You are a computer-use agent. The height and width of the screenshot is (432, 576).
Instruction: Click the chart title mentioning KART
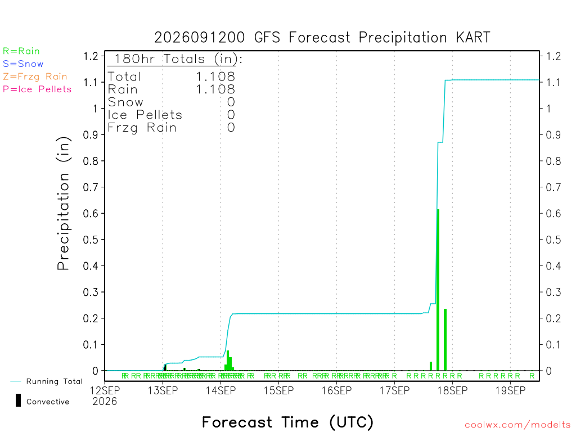(322, 38)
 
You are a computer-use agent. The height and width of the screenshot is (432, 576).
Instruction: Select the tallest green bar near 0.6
(438, 290)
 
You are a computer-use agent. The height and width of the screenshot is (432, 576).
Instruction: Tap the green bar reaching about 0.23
(445, 340)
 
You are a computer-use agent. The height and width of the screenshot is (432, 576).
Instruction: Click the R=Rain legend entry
(21, 51)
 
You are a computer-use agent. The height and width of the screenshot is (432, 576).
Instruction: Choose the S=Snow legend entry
(23, 64)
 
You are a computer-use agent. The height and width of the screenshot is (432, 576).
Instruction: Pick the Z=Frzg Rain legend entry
(35, 76)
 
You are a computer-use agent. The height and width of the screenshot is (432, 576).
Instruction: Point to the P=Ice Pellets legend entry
(37, 89)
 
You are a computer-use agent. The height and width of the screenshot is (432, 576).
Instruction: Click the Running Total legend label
(55, 381)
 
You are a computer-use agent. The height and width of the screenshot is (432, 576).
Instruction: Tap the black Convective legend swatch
(18, 400)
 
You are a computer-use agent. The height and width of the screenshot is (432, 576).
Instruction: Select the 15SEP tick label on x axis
(278, 390)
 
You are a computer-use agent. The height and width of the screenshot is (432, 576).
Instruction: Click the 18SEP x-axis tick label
(453, 390)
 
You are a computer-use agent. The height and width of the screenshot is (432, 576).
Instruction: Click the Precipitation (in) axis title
(63, 204)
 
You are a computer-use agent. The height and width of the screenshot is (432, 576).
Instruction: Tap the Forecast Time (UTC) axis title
(287, 422)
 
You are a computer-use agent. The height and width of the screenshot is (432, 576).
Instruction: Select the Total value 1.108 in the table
(215, 76)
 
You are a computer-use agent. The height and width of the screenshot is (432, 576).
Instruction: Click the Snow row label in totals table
(125, 102)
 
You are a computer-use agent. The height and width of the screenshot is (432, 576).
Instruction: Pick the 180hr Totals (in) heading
(178, 58)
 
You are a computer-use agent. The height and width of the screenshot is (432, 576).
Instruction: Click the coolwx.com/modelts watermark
(517, 425)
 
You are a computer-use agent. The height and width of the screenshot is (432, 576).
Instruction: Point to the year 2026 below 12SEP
(105, 402)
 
